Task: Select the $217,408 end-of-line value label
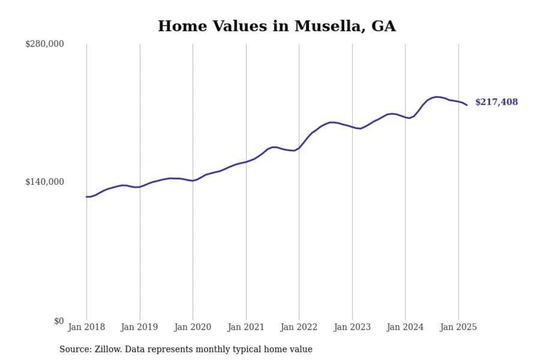(x=496, y=102)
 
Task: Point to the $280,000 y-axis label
(x=44, y=44)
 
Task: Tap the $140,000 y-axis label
(x=44, y=182)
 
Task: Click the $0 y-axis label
(x=58, y=321)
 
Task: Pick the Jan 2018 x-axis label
(x=86, y=327)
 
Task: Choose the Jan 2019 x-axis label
(x=139, y=327)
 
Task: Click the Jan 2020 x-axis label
(x=193, y=327)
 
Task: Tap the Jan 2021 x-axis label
(x=246, y=327)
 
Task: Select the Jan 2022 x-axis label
(x=299, y=327)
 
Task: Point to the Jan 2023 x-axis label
(x=352, y=327)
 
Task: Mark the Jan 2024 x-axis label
(x=405, y=327)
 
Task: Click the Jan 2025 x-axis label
(x=458, y=327)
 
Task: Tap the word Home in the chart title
(x=182, y=26)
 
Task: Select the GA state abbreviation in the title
(x=383, y=26)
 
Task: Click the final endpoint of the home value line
(x=467, y=105)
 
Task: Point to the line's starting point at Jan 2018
(x=87, y=196)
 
